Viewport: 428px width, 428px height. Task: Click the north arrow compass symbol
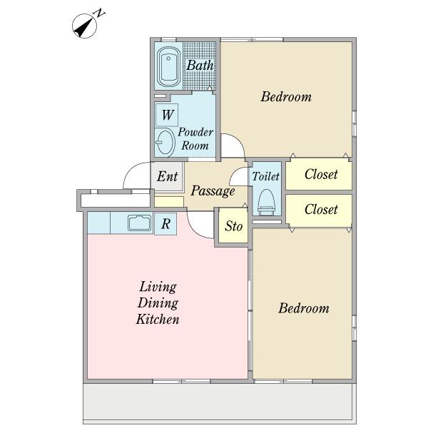tap(84, 26)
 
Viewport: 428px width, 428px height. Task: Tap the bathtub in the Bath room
tap(168, 66)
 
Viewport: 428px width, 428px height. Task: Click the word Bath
tap(200, 65)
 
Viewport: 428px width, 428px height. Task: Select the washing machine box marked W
tap(167, 115)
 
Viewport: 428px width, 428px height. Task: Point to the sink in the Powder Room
tap(165, 142)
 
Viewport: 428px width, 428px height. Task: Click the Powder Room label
tap(195, 138)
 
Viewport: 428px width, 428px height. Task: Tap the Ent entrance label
tap(167, 176)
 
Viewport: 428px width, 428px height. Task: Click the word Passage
tap(213, 190)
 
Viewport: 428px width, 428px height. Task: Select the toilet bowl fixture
tap(266, 203)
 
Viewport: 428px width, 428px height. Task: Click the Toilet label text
tap(265, 176)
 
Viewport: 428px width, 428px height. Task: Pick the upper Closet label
tap(321, 174)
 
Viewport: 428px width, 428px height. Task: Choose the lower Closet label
tap(321, 209)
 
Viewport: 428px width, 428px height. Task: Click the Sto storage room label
tap(234, 226)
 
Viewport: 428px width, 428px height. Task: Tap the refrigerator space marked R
tap(165, 224)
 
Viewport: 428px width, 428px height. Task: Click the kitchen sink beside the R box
tap(140, 223)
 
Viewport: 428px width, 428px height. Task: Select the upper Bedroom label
tap(286, 96)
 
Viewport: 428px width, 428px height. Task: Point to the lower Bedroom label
tap(304, 308)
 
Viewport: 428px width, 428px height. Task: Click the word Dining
tap(158, 303)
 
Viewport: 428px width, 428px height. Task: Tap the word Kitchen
tap(158, 319)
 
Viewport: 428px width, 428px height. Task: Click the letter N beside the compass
tap(100, 13)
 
